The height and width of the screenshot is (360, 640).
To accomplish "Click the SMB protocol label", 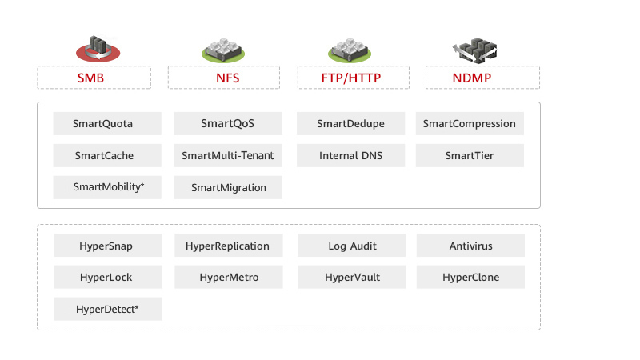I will pyautogui.click(x=94, y=78).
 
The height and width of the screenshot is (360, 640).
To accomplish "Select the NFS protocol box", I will pyautogui.click(x=223, y=78).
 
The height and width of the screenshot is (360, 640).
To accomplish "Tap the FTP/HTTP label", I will pyautogui.click(x=353, y=78).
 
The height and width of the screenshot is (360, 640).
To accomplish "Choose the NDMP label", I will pyautogui.click(x=482, y=78).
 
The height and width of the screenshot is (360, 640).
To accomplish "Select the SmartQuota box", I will pyautogui.click(x=107, y=124).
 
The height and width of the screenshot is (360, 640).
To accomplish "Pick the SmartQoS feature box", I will pyautogui.click(x=228, y=124).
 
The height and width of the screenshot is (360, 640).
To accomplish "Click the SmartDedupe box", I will pyautogui.click(x=350, y=124).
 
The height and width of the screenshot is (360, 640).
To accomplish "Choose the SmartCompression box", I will pyautogui.click(x=470, y=124).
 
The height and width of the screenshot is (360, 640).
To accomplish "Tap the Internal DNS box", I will pyautogui.click(x=350, y=156).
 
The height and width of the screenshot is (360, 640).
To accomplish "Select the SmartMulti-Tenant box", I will pyautogui.click(x=228, y=156).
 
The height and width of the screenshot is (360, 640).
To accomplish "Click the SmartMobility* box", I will pyautogui.click(x=107, y=187).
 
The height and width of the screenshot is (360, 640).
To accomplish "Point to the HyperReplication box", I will pyautogui.click(x=228, y=246).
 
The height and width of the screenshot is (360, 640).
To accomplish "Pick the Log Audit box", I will pyautogui.click(x=352, y=246).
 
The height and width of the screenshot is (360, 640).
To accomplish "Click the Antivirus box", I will pyautogui.click(x=470, y=246).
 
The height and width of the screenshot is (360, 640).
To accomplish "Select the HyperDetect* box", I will pyautogui.click(x=108, y=309).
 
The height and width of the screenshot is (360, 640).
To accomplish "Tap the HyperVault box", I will pyautogui.click(x=352, y=278).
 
